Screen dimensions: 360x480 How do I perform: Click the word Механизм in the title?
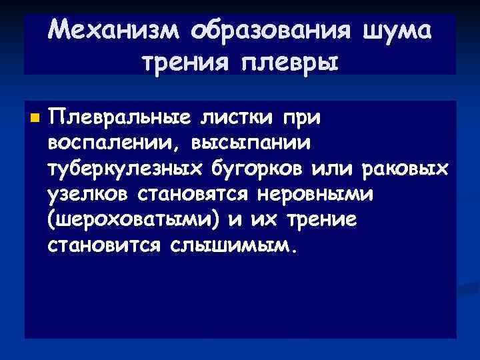(x=114, y=30)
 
